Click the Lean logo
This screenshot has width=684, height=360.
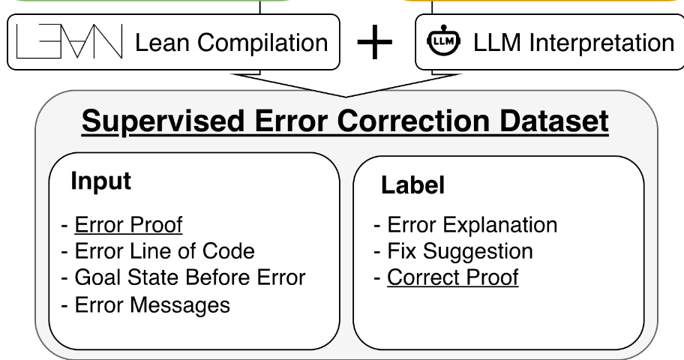click(69, 41)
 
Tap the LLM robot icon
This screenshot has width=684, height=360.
click(444, 40)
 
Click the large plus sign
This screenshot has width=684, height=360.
click(375, 42)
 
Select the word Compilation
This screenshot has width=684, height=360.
click(262, 43)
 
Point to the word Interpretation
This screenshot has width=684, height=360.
click(602, 43)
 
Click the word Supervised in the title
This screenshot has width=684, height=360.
click(163, 121)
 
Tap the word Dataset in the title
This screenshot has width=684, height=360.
click(554, 121)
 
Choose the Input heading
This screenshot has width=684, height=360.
click(100, 181)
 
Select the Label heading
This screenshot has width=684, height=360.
click(412, 184)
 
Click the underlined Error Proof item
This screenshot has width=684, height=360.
click(128, 225)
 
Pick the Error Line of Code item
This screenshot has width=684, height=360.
click(164, 251)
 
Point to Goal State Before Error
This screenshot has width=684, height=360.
click(190, 277)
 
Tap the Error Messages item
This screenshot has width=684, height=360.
click(152, 305)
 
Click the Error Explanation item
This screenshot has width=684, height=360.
click(472, 225)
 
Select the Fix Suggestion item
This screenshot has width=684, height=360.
click(460, 252)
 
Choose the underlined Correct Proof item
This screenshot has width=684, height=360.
click(453, 277)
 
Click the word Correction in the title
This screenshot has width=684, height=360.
click(412, 121)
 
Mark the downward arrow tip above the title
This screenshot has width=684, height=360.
click(346, 97)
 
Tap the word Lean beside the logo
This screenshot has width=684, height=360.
click(162, 43)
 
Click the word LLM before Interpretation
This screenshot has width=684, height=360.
click(496, 43)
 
